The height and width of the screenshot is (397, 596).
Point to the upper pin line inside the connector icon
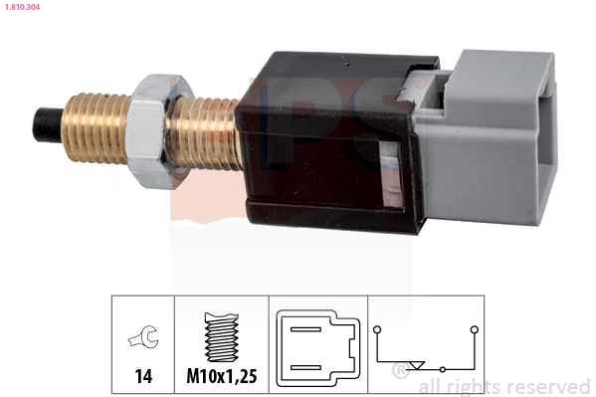pos(306,329)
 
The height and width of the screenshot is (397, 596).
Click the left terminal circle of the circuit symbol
pos(377,328)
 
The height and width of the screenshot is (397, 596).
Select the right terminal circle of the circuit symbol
pos(474,328)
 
